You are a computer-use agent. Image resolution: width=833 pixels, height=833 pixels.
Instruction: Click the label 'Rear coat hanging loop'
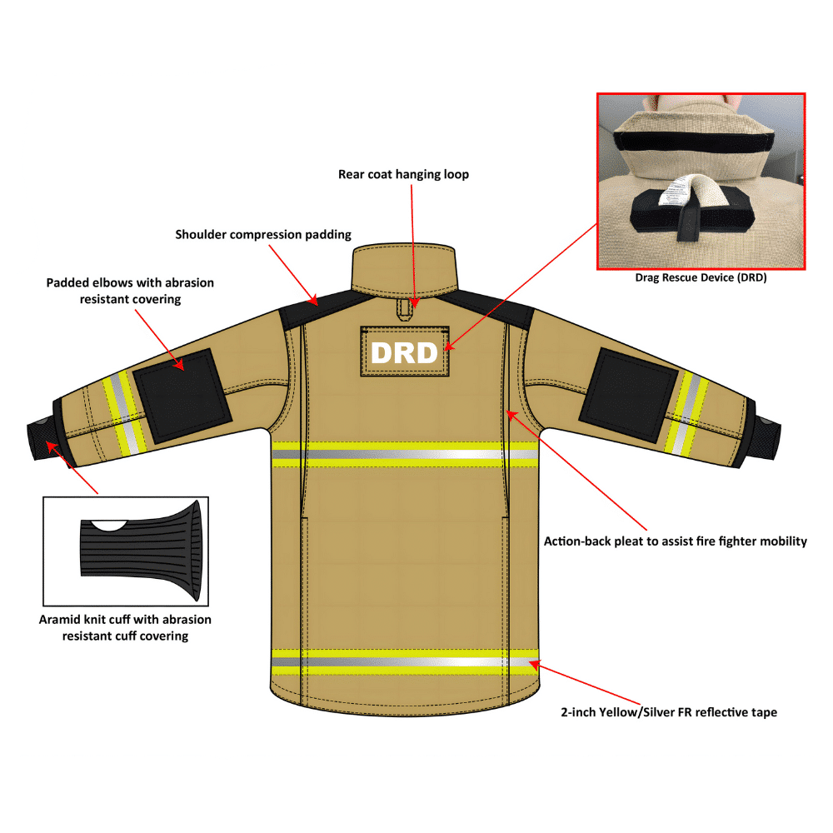403,174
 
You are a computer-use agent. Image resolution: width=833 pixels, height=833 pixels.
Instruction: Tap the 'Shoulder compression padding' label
263,234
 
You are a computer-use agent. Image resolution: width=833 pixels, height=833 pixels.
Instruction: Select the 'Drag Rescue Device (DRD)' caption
701,278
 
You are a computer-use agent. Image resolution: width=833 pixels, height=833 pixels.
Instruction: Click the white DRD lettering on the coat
404,352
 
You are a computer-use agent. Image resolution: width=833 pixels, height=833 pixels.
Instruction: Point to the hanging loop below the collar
404,309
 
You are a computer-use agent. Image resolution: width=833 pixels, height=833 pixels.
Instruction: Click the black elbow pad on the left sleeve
182,389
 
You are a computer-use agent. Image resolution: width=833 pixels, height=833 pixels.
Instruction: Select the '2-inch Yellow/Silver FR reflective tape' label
670,712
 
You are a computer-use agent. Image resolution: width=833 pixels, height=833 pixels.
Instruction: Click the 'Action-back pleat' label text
676,541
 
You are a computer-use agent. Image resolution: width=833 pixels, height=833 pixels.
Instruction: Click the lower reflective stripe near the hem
405,661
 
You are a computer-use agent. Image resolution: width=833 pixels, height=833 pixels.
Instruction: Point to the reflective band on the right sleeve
687,413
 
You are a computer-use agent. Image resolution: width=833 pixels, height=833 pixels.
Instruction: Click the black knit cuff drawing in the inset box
142,549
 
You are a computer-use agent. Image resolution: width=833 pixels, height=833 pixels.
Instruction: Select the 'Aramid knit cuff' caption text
125,627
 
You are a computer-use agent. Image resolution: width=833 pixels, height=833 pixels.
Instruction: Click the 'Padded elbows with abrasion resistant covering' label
130,290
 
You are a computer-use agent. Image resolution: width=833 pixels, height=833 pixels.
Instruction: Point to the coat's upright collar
405,267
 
